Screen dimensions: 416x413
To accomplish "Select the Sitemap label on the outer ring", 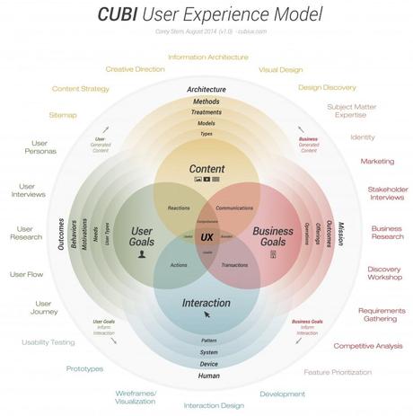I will [64, 115].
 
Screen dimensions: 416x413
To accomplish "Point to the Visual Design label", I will [280, 69].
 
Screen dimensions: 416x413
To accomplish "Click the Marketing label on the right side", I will [377, 162].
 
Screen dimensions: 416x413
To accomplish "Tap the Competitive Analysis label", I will [367, 345].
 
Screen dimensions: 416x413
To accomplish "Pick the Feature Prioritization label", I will [337, 371].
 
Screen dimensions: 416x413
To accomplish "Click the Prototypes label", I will [84, 368].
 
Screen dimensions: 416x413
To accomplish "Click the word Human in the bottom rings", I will [207, 375].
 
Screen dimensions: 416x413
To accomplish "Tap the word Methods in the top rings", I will [206, 102].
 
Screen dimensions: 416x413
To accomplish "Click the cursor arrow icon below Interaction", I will [207, 315].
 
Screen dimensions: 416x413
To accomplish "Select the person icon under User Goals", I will [141, 255].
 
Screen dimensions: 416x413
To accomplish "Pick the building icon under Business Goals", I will [273, 255].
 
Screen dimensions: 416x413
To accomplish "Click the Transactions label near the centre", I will [234, 265].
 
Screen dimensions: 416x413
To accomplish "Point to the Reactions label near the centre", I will [179, 208].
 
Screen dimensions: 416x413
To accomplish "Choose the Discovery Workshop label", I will [384, 273].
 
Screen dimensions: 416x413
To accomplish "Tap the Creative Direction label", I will [135, 69].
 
